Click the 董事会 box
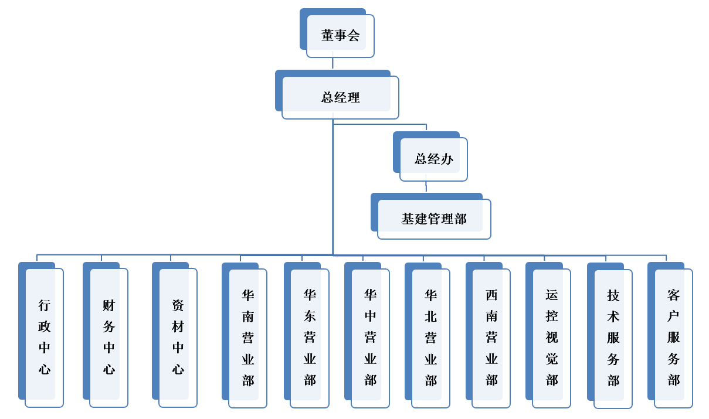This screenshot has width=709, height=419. pos(340,36)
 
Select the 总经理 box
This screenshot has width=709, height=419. pos(340,97)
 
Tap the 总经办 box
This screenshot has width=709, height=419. pos(433,159)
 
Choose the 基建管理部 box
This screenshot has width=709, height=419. pos(434,219)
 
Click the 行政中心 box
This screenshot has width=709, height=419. pos(44,337)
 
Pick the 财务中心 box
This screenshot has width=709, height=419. pos(108,337)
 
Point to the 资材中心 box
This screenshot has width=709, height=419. pos(178,337)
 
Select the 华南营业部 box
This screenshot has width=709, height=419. pos(247,338)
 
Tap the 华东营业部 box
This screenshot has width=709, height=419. pos(310,338)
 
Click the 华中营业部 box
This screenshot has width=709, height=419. pos(370,338)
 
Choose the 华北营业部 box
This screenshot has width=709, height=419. pos(430,338)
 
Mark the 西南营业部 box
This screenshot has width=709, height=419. pos(491,338)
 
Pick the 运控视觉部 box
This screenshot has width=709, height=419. pos(551,338)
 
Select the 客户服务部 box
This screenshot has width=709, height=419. pos(673,338)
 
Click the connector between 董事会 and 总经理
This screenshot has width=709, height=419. pos(333,63)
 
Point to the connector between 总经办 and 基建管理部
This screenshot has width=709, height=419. pos(426,186)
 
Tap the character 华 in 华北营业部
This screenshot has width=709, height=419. pos(431,295)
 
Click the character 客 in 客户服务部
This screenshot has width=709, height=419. pos(673,295)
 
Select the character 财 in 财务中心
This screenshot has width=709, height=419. pos(108,305)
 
